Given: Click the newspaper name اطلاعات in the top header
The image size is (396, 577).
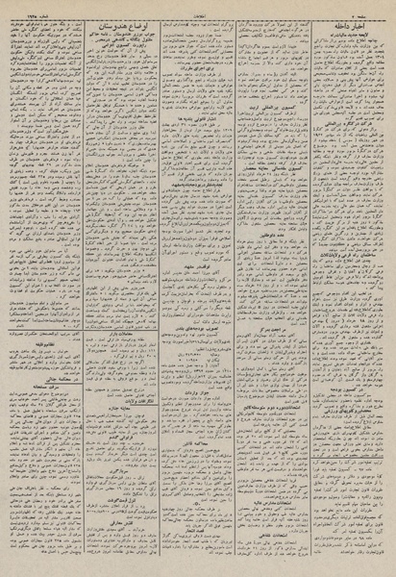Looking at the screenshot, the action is pyautogui.click(x=198, y=6).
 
